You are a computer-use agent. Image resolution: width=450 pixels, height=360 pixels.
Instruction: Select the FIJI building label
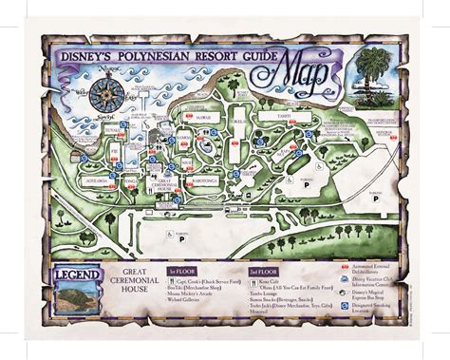(116, 151)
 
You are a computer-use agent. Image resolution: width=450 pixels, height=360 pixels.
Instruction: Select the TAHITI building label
(285, 119)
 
